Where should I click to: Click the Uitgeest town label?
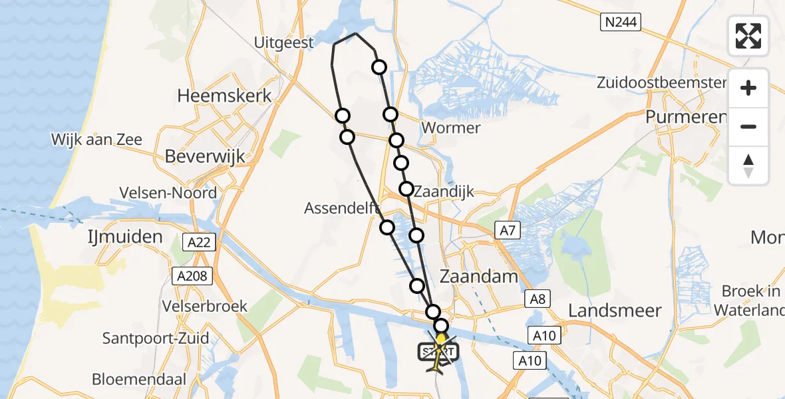tap(284, 43)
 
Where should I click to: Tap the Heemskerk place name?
tap(225, 96)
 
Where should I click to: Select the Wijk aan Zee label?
tap(96, 140)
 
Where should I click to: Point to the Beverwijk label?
tap(205, 157)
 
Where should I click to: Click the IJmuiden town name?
tap(126, 237)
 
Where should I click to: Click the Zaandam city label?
tap(479, 277)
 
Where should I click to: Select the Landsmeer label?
tap(615, 311)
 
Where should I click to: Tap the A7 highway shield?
tap(507, 231)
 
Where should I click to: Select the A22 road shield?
tap(199, 242)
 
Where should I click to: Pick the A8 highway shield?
tap(538, 299)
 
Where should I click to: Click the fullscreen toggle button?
tap(748, 36)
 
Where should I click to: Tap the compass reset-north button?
tap(748, 166)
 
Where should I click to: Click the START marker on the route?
tap(438, 350)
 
